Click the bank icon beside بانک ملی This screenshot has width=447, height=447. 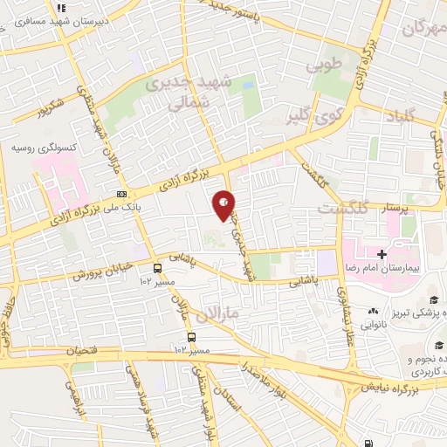121,194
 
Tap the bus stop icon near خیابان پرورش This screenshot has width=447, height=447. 157,268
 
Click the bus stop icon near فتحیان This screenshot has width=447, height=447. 191,336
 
